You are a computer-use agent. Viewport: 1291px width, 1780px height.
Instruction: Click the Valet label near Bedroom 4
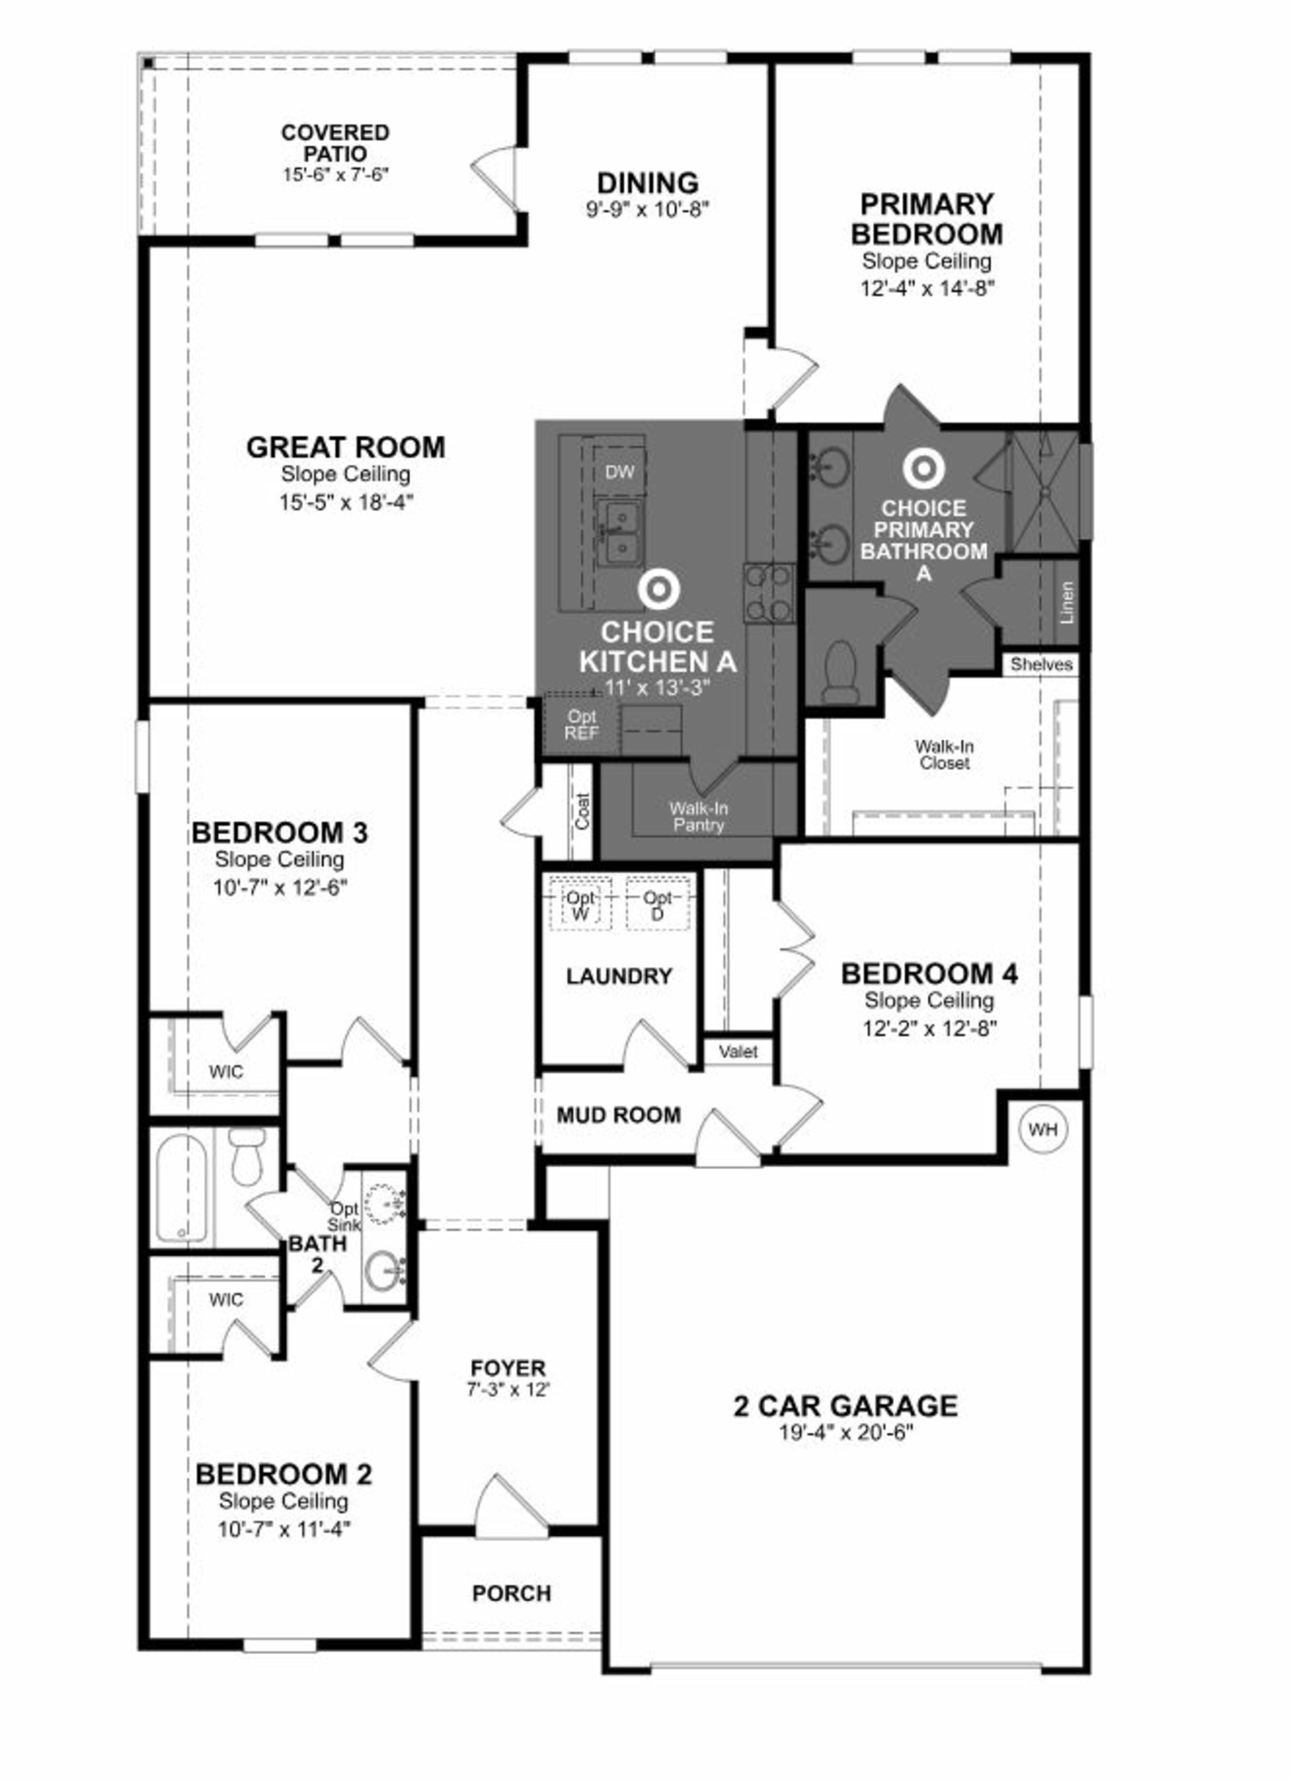pyautogui.click(x=738, y=1052)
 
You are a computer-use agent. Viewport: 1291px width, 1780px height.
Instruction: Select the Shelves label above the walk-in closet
pyautogui.click(x=1041, y=664)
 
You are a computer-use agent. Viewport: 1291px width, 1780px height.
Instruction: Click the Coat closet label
pyautogui.click(x=582, y=811)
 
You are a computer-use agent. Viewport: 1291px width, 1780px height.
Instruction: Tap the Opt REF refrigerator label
pyautogui.click(x=582, y=724)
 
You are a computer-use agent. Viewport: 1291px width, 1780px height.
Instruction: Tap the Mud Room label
pyautogui.click(x=618, y=1114)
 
